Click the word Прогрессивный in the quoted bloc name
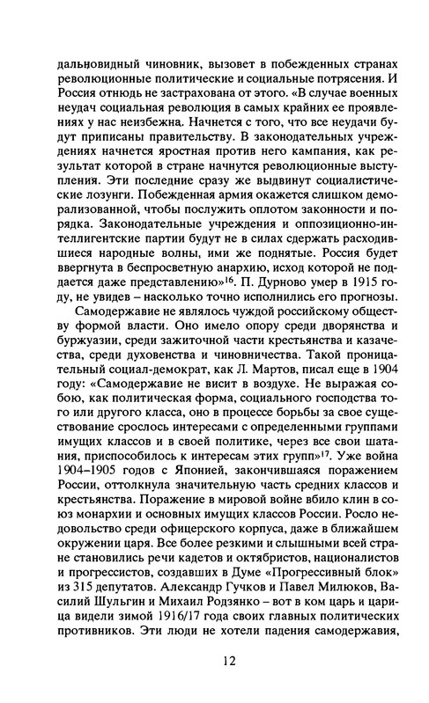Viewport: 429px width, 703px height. [302, 560]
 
